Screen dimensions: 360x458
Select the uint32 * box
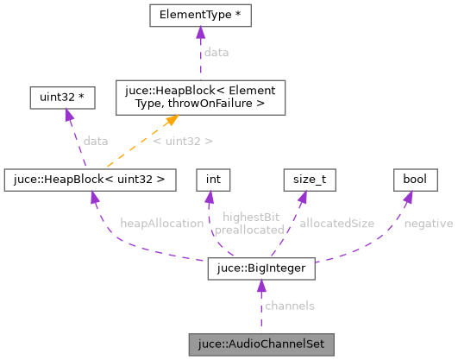point(57,98)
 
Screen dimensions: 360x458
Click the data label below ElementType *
point(216,53)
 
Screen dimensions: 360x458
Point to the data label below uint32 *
point(96,140)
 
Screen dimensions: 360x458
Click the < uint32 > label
point(182,140)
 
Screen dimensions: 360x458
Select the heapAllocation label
point(162,223)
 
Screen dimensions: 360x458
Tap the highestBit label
point(251,217)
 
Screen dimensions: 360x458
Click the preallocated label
point(249,230)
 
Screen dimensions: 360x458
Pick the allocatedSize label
point(336,223)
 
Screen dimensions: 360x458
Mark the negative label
point(428,223)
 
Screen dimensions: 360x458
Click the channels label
point(289,306)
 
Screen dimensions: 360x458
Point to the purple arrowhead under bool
point(410,198)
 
